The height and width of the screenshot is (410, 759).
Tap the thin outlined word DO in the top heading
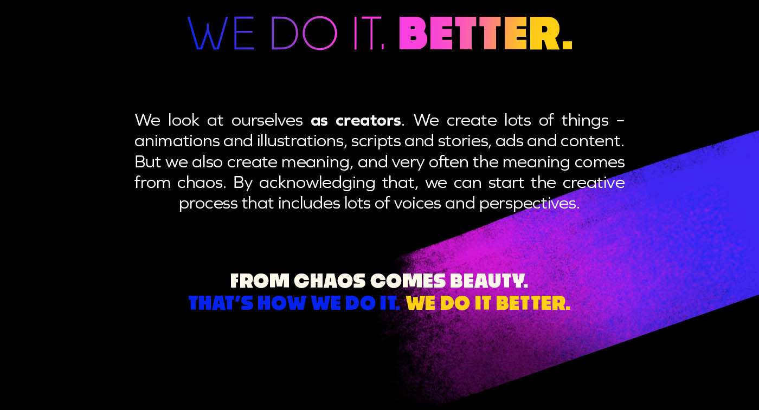304,33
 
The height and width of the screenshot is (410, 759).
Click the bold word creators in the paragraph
368,121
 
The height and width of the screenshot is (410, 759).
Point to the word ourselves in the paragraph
267,121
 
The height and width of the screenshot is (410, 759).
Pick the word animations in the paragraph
177,141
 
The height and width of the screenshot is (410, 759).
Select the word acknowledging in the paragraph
317,184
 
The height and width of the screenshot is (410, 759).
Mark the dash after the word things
621,121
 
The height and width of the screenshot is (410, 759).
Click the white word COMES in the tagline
408,281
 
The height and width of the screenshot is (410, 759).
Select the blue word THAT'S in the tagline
221,303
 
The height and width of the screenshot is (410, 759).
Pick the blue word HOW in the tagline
282,303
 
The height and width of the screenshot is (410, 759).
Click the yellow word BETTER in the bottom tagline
533,303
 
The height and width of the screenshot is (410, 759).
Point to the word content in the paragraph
592,141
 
